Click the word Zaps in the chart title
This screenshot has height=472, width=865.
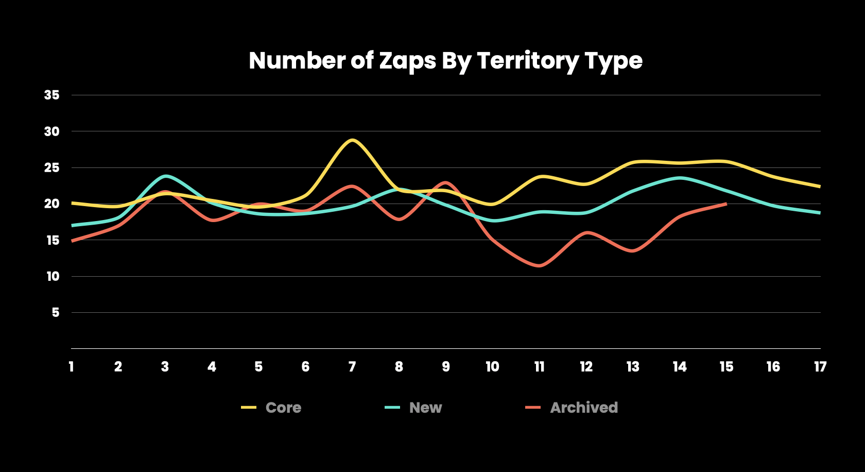(407, 61)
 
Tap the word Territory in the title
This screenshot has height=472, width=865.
(528, 61)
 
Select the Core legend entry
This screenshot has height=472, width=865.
(271, 408)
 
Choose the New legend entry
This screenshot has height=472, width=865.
(413, 408)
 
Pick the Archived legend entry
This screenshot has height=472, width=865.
(572, 408)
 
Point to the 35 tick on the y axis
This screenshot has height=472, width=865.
(51, 95)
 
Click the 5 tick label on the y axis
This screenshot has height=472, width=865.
(56, 313)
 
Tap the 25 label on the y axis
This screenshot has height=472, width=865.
(51, 168)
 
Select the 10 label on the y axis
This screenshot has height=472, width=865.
(53, 276)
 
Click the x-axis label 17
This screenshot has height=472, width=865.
(820, 366)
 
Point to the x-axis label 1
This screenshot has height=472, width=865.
(72, 366)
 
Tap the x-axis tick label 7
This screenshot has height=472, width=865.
(352, 366)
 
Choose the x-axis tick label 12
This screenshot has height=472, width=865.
(586, 366)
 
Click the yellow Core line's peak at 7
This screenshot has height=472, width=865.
(352, 140)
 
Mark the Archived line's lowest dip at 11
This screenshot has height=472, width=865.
(540, 265)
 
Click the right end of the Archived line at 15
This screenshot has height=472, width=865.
(726, 204)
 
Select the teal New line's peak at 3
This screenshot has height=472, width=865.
(165, 176)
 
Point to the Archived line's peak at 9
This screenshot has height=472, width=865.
(446, 182)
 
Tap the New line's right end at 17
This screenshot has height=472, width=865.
(820, 213)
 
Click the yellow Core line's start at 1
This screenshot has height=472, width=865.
(72, 203)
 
